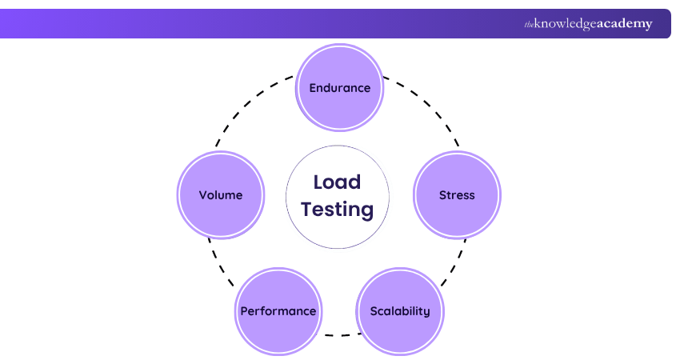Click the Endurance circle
[x=340, y=87]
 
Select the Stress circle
[x=457, y=195]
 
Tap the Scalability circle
[x=399, y=311]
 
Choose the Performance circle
[x=278, y=311]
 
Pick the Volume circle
[x=221, y=195]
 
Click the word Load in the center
[x=337, y=182]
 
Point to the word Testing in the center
[x=337, y=210]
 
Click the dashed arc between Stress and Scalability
[x=455, y=262]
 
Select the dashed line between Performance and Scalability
[x=339, y=334]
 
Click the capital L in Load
[x=318, y=182]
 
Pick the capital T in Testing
[x=307, y=210]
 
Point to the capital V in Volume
[x=203, y=195]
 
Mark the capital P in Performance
[x=243, y=311]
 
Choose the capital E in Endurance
[x=313, y=88]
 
